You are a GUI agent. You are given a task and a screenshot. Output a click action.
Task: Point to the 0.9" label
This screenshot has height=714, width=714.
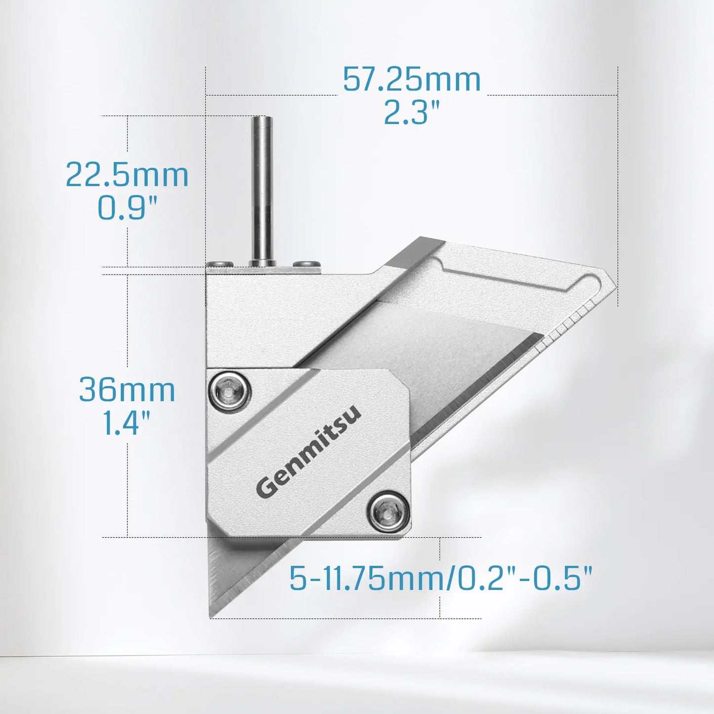pos(127,208)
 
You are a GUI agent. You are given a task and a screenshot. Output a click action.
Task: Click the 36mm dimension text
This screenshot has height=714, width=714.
pos(127,390)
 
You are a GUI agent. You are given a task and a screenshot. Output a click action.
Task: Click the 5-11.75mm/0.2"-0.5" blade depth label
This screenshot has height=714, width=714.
pos(440,578)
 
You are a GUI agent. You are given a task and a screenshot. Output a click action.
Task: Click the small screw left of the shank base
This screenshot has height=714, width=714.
pos(220,264)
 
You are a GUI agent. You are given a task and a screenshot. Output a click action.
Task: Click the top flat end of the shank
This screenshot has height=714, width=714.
pos(261,118)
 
